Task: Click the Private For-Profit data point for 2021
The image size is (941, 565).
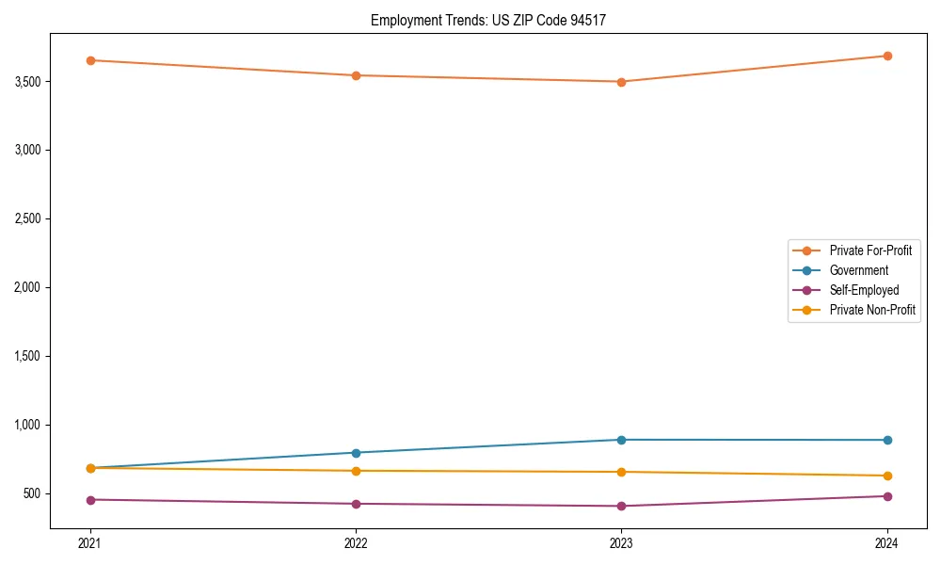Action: (x=90, y=60)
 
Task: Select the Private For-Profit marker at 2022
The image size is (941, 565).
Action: (x=356, y=75)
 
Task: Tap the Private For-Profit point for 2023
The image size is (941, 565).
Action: (x=621, y=82)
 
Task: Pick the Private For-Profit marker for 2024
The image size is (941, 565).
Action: (x=887, y=56)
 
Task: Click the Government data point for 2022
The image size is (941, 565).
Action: (x=356, y=453)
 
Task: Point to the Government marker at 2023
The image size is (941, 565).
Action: (x=621, y=440)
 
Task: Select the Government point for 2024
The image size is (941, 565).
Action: (x=887, y=440)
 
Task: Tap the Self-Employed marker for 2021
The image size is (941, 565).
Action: (x=90, y=500)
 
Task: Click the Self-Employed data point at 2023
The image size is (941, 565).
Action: (x=621, y=506)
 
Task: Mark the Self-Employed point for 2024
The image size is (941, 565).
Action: (x=887, y=496)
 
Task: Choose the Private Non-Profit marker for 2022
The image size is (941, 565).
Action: (x=356, y=471)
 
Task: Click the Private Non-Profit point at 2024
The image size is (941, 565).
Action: (x=887, y=476)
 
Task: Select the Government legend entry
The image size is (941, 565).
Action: (x=858, y=270)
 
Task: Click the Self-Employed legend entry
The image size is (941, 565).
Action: (x=864, y=290)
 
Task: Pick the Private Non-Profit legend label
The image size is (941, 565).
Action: (x=872, y=310)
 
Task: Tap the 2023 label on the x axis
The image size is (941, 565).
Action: (x=621, y=543)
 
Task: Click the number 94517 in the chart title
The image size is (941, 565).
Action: (x=595, y=20)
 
